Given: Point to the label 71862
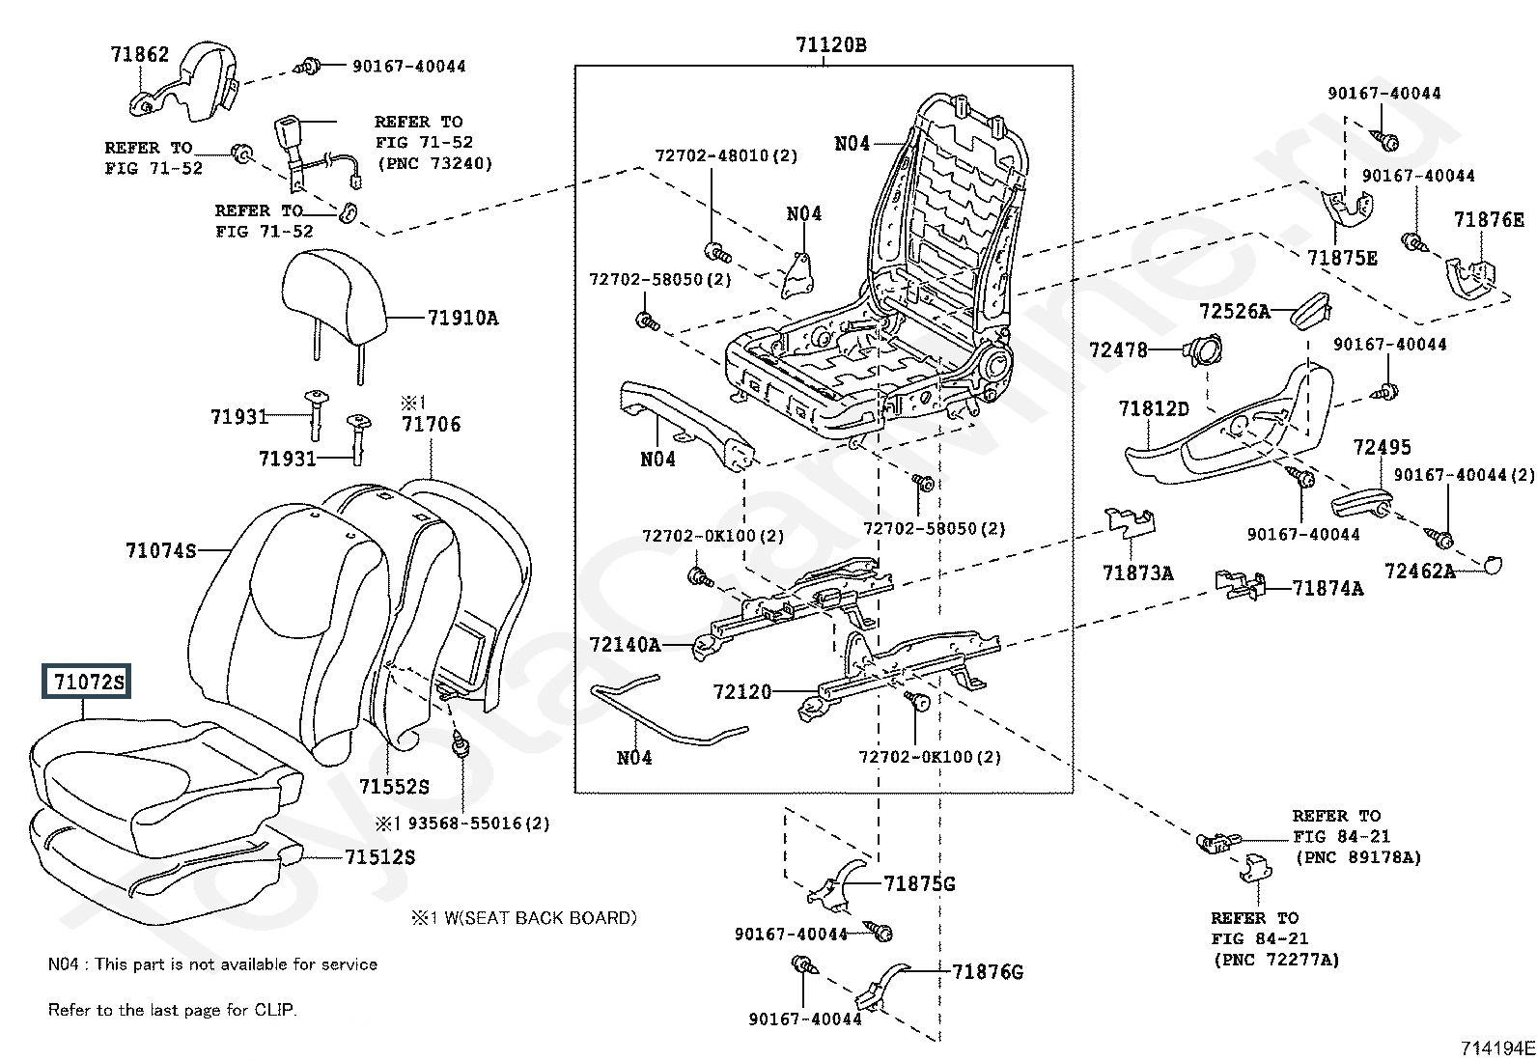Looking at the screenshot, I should click(x=139, y=55).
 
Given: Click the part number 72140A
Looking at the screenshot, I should click(x=626, y=644).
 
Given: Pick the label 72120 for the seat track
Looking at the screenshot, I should click(x=742, y=692).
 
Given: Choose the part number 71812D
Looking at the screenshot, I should click(x=1154, y=409).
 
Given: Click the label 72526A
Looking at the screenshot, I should click(x=1234, y=311).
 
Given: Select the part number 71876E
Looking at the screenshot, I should click(x=1489, y=220).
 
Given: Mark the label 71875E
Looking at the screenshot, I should click(x=1342, y=259).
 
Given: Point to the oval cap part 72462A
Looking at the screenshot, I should click(x=1492, y=564).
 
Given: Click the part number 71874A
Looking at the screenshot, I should click(x=1327, y=588).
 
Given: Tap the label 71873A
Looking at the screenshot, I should click(x=1137, y=573).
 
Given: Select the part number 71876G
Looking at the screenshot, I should click(x=988, y=971).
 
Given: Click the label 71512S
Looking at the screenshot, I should click(x=380, y=857).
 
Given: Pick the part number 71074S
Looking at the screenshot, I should click(x=160, y=551).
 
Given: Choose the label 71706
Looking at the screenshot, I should click(x=432, y=424).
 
